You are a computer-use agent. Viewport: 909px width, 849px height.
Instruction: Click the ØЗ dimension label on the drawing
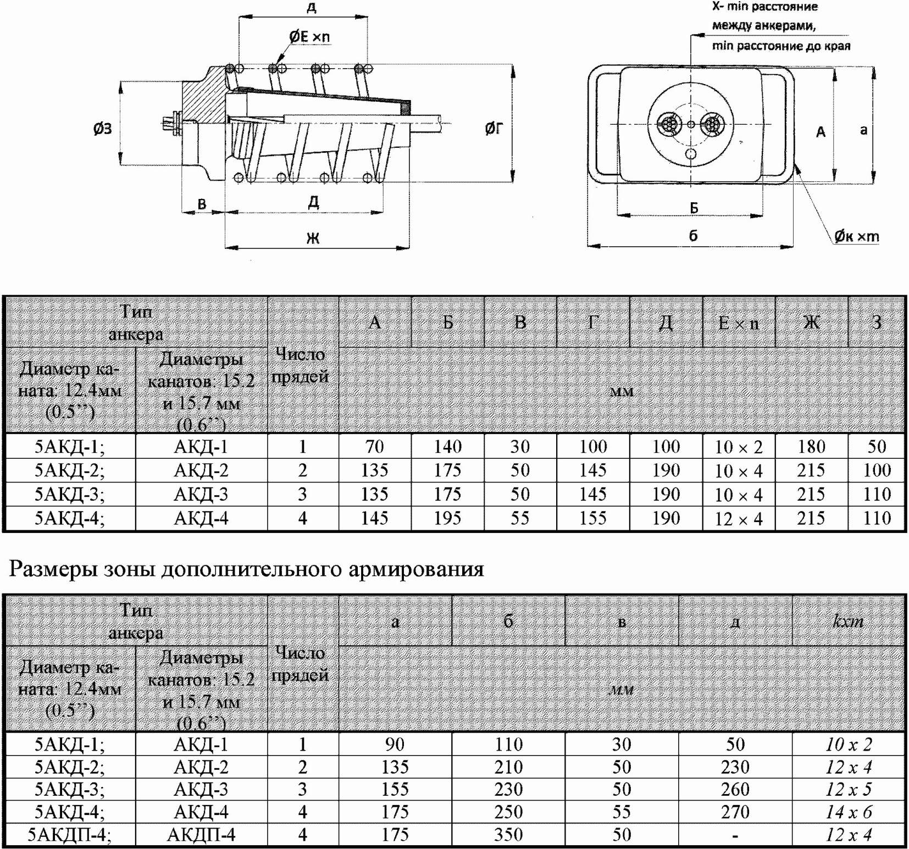(x=102, y=129)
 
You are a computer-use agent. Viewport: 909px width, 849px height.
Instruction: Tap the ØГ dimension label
(x=494, y=128)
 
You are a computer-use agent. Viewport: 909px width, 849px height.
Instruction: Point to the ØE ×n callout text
(x=310, y=36)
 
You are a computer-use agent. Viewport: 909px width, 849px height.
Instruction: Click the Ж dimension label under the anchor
(x=313, y=238)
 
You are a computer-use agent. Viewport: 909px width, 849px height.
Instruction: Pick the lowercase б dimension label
(x=693, y=235)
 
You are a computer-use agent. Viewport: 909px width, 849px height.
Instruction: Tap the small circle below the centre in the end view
(x=691, y=154)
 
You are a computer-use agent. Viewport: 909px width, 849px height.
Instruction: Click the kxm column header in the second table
(x=848, y=622)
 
